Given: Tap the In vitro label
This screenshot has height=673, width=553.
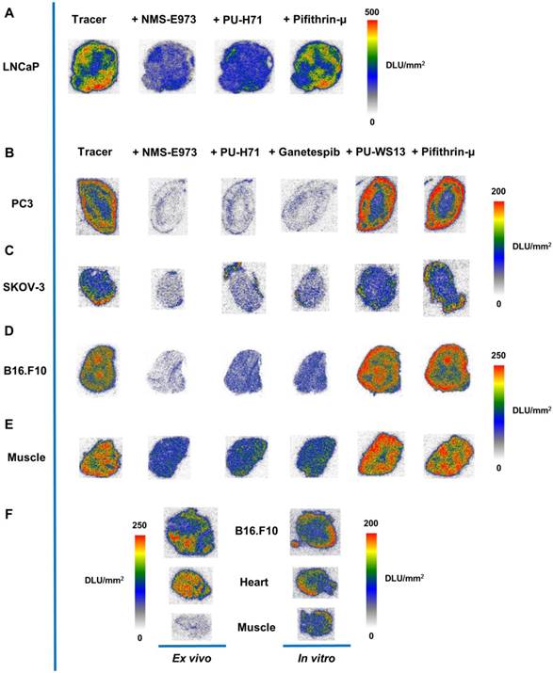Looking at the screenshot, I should [316, 659].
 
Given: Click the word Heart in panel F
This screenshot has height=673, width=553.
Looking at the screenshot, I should [253, 584].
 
